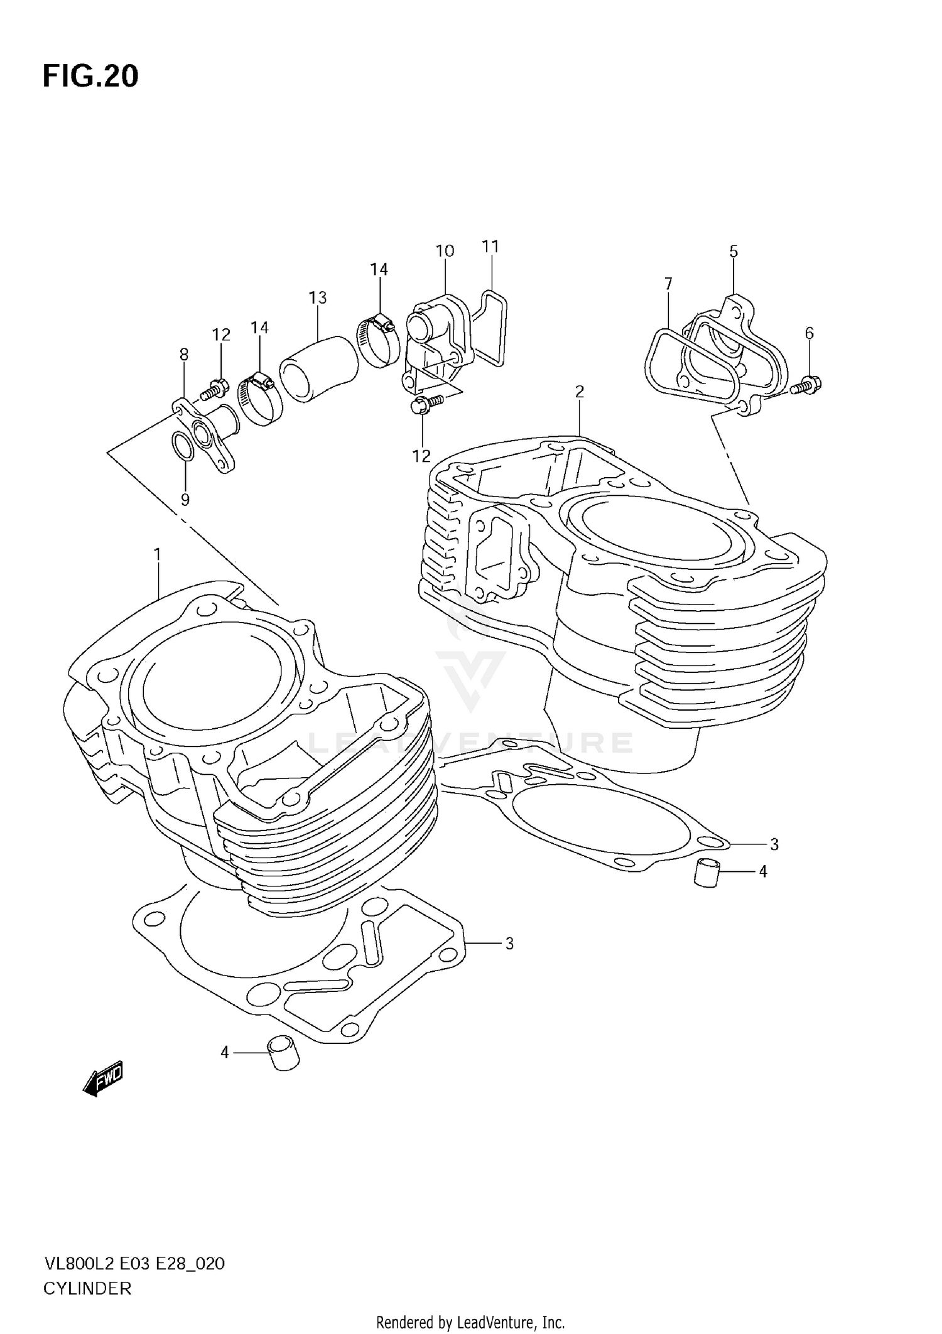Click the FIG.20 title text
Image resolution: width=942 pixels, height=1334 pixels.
[x=90, y=76]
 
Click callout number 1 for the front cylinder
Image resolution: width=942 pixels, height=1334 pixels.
[x=157, y=555]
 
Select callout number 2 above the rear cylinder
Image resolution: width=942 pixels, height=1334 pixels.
[x=579, y=392]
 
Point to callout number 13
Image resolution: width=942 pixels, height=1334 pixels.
[x=318, y=297]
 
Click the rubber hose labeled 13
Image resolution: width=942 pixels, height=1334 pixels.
[x=318, y=368]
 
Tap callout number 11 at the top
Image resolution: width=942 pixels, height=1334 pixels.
[x=490, y=246]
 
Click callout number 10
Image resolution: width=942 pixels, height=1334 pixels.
[x=445, y=251]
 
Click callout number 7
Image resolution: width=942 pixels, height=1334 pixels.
[x=668, y=284]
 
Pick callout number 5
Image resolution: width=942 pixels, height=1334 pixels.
[x=734, y=252]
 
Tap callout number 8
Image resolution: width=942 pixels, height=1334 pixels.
[x=183, y=355]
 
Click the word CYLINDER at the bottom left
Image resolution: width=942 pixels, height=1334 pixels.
[x=87, y=1289]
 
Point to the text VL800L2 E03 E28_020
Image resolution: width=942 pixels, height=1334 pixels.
[x=134, y=1264]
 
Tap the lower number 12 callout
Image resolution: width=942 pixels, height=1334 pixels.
[x=421, y=456]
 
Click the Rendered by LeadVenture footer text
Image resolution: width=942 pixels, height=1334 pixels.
[x=470, y=1323]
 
